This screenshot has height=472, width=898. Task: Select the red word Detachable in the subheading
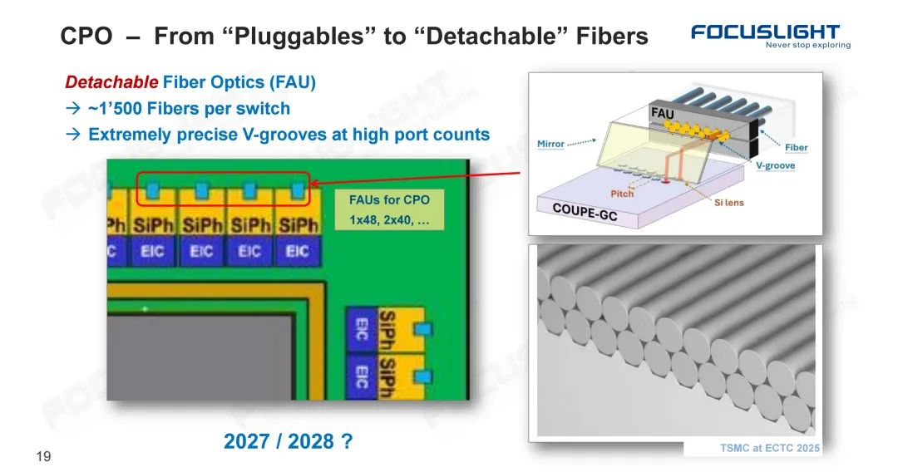tap(111, 82)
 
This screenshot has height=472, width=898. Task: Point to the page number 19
tap(44, 455)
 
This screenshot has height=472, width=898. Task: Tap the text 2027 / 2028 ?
tap(288, 442)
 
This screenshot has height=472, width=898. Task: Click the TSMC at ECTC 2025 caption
tap(769, 448)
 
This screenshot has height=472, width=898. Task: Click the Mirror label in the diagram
tap(550, 144)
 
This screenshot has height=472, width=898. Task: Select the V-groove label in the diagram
tap(775, 165)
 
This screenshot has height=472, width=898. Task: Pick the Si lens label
tap(729, 203)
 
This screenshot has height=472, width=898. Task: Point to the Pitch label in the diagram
tap(622, 194)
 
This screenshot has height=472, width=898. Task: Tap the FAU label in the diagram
tap(663, 111)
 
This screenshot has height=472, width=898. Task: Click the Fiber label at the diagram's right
tap(796, 147)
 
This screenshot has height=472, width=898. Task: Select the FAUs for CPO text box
tap(388, 199)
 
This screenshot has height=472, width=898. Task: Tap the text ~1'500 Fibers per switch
tap(190, 108)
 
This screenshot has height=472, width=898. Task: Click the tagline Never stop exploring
tap(807, 45)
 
